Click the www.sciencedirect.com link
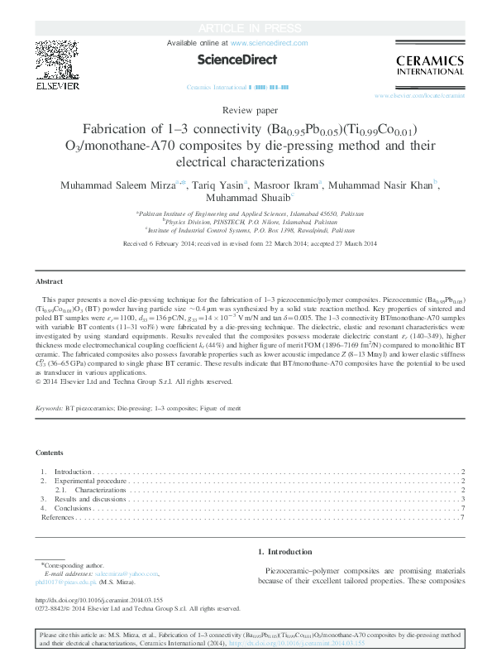click(269, 42)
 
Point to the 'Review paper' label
click(246, 110)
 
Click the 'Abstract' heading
click(50, 281)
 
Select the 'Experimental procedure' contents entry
click(90, 481)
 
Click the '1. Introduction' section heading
click(285, 551)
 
